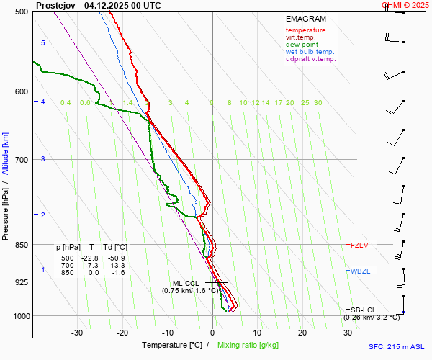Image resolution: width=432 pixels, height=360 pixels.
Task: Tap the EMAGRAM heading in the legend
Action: (x=305, y=19)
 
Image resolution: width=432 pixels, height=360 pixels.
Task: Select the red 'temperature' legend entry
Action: (x=305, y=30)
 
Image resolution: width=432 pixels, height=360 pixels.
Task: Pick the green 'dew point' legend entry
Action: (x=302, y=45)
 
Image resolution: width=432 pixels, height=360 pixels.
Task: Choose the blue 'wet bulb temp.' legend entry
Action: (x=310, y=52)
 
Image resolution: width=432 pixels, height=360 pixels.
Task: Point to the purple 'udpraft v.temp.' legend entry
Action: (x=310, y=59)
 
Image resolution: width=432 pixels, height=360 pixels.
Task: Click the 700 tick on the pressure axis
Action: (x=20, y=159)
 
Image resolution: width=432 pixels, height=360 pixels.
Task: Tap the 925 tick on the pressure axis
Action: (x=20, y=282)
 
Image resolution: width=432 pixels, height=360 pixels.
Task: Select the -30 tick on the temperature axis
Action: (x=77, y=333)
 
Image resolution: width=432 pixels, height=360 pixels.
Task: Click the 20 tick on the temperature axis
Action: (x=302, y=333)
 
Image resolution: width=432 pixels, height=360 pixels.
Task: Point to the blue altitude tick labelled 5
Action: (x=43, y=43)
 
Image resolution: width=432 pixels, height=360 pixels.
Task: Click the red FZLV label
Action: (x=359, y=246)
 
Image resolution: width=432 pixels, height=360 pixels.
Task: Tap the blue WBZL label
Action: (x=360, y=271)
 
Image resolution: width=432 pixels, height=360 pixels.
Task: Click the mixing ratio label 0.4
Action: (x=66, y=103)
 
